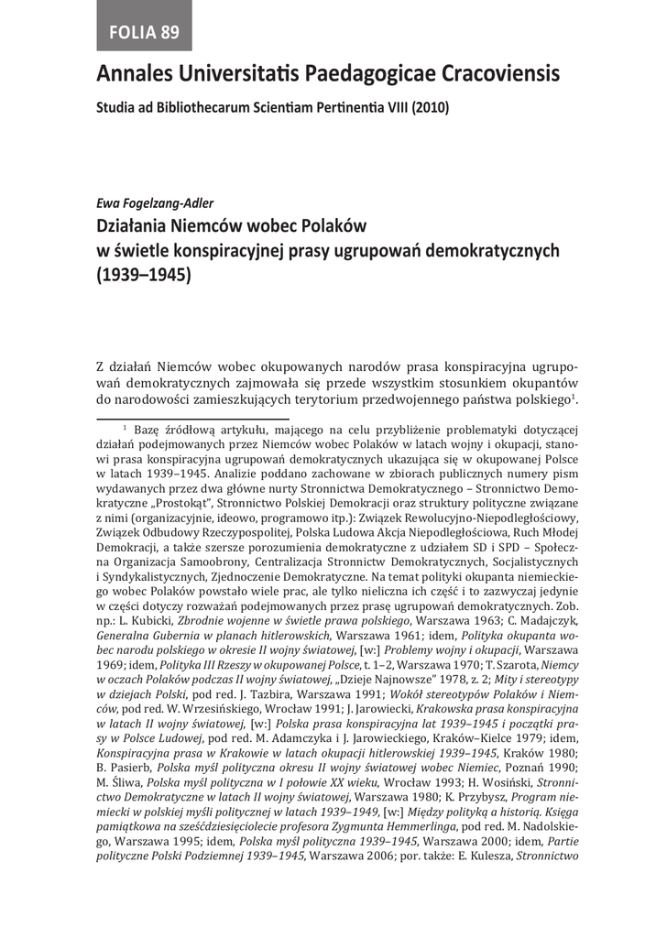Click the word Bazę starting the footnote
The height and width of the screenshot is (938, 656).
click(x=147, y=430)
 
